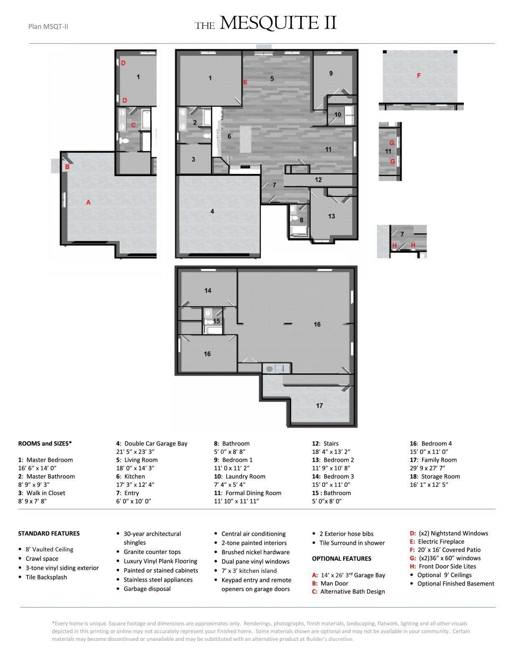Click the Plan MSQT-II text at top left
point(48,27)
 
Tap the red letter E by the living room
point(245,82)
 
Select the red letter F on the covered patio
point(419,76)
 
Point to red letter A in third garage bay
point(88,202)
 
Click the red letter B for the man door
point(67,167)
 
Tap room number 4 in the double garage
point(212,212)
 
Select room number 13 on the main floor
point(331,216)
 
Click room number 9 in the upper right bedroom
point(331,73)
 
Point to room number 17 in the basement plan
point(319,406)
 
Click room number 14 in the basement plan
point(208,291)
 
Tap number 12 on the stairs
point(319,180)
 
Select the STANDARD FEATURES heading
point(49,534)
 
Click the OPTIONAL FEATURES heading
point(341,559)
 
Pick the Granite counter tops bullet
point(152,552)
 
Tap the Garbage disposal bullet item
point(147,589)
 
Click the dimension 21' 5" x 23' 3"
point(135,452)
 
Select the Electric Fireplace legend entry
point(441,541)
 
